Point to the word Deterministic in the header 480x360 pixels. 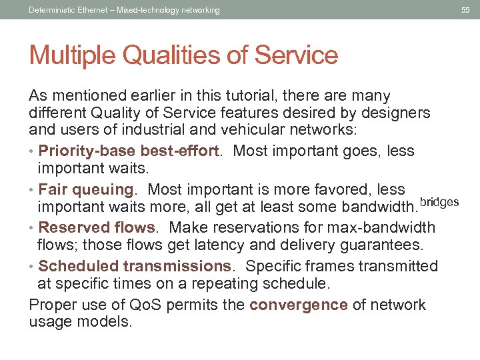(54, 10)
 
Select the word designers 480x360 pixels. (396, 113)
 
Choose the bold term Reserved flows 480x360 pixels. (96, 228)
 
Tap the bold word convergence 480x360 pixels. (299, 305)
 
